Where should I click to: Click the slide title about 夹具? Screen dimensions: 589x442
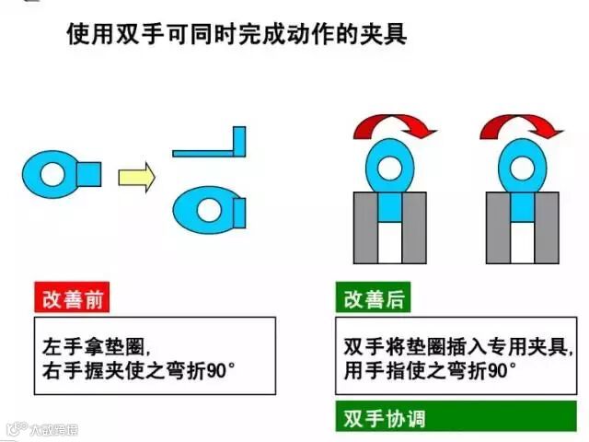[x=237, y=36]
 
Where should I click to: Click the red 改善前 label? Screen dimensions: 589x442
[x=70, y=299]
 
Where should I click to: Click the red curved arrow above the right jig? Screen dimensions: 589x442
[x=522, y=126]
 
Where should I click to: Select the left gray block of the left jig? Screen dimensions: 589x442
[x=364, y=228]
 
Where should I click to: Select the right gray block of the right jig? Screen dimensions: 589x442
[x=547, y=228]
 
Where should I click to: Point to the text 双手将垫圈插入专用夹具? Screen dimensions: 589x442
[x=455, y=348]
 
